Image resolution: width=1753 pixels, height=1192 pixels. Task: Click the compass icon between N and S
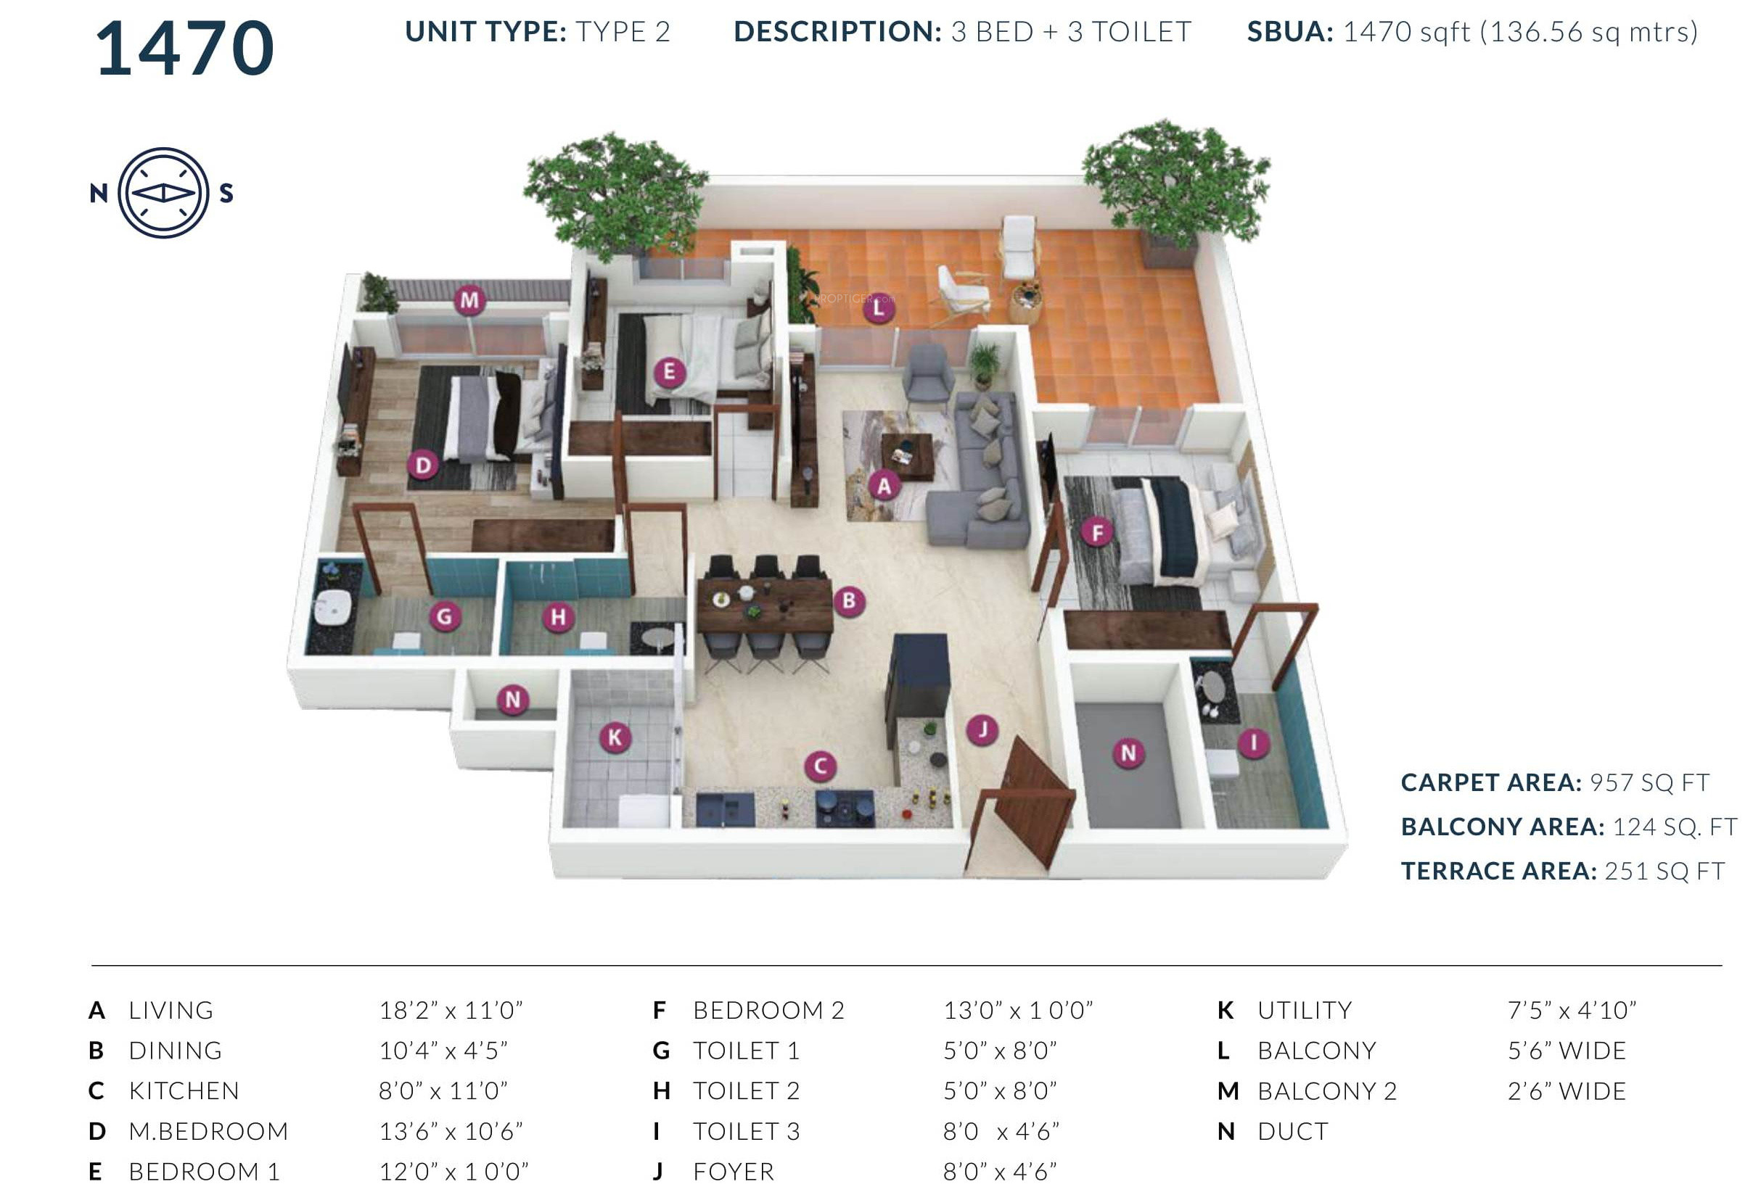(163, 193)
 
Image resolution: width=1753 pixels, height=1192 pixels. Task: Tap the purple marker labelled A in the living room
(884, 487)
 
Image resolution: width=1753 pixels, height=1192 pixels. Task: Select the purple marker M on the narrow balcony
(469, 300)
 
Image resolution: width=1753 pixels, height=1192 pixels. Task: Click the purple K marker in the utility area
(615, 737)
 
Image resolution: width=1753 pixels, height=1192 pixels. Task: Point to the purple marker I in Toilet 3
(1254, 743)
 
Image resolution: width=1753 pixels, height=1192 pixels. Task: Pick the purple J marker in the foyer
(982, 729)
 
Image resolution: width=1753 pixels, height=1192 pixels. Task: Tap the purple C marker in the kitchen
(820, 767)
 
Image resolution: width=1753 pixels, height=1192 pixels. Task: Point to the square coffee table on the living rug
(908, 455)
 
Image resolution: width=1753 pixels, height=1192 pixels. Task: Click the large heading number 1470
(185, 49)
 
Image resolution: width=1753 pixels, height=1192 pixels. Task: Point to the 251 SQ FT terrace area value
(1664, 872)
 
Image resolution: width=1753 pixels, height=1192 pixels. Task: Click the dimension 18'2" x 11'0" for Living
(451, 1010)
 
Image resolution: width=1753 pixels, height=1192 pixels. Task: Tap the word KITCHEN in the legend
(184, 1091)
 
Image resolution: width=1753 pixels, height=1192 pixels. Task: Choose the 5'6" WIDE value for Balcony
(1567, 1051)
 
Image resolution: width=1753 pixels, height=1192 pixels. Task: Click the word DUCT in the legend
(1292, 1131)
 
